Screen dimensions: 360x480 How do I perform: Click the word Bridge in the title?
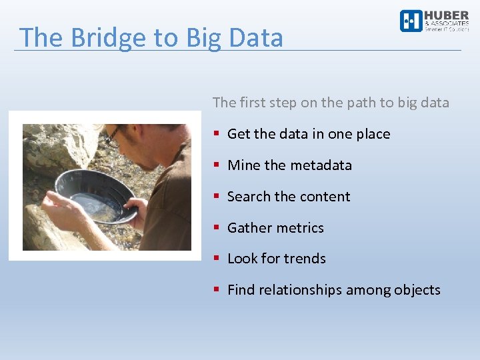tap(102, 38)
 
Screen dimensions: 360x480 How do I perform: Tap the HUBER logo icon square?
tap(411, 21)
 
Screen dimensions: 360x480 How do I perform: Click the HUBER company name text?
tap(446, 16)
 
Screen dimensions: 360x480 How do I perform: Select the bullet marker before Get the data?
tap(217, 134)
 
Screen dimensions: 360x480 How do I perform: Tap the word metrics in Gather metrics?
tap(300, 228)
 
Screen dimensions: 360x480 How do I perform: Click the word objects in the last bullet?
tap(417, 290)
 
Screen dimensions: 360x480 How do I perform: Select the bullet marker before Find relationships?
tap(217, 290)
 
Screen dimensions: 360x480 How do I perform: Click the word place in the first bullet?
tap(373, 134)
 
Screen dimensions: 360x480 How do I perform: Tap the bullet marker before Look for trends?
tap(217, 259)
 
